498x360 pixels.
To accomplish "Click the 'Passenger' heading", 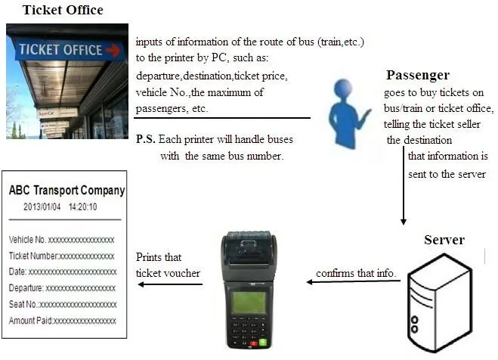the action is pyautogui.click(x=418, y=76).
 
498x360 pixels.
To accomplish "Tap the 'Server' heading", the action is pyautogui.click(x=444, y=240).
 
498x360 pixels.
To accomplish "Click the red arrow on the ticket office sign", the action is pyautogui.click(x=113, y=51).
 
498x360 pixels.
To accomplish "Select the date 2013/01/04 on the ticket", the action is pyautogui.click(x=42, y=206).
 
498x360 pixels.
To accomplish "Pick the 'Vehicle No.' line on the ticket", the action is pyautogui.click(x=62, y=240).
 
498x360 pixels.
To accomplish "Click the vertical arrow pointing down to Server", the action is pyautogui.click(x=404, y=185).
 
